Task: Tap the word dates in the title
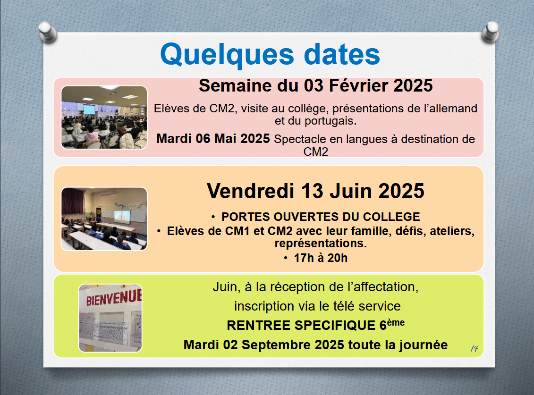341,54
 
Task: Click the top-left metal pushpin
47,32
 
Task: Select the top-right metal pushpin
491,32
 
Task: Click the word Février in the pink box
359,85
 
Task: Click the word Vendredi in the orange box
250,191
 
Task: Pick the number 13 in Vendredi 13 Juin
312,191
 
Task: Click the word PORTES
246,217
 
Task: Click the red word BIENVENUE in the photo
113,297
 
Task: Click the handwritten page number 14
475,348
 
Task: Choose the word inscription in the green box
264,306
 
